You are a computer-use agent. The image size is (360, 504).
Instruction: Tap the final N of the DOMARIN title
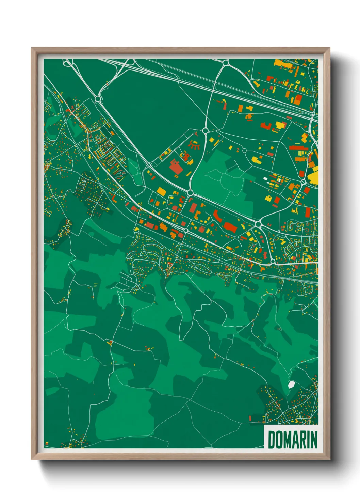[314, 440]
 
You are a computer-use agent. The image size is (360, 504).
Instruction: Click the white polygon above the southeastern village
[291, 384]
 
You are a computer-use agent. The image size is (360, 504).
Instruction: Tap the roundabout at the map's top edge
[226, 62]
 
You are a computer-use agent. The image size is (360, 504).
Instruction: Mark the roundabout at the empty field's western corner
[98, 99]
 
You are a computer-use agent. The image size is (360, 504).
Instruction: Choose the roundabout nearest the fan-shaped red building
[205, 130]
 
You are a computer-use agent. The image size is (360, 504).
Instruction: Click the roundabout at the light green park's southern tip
[190, 193]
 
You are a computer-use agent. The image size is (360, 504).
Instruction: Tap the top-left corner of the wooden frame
[32, 48]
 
